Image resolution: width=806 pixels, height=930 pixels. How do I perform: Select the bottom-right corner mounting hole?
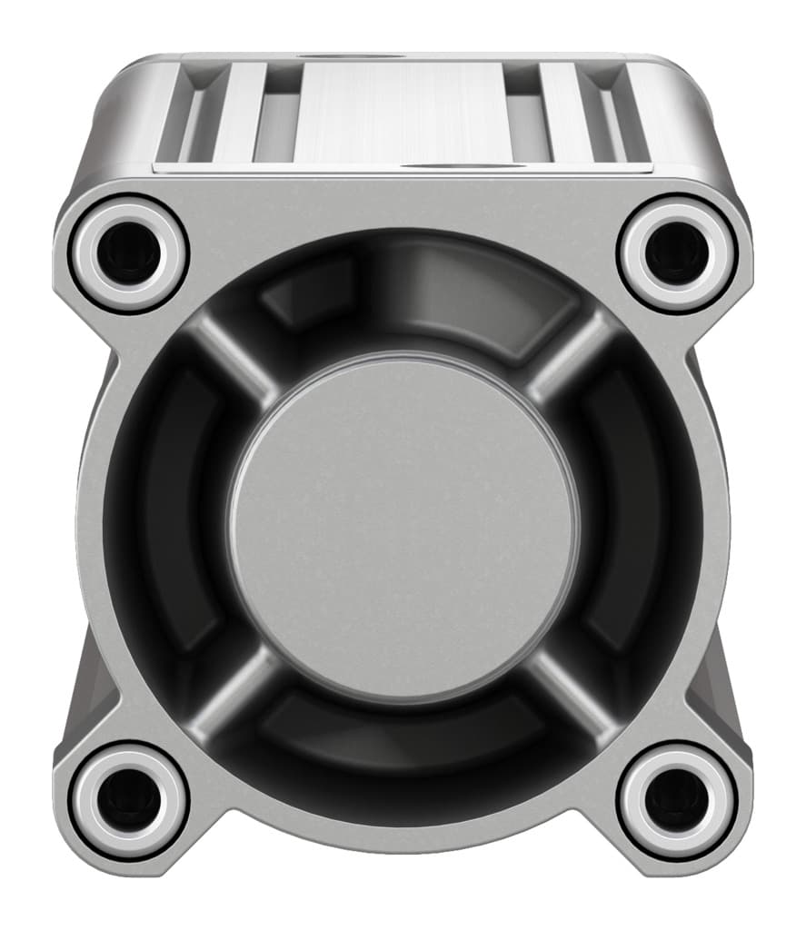[x=676, y=798]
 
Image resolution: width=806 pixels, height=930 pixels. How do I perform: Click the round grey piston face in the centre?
[x=403, y=529]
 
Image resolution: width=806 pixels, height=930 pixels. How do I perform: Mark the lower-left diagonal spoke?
[x=232, y=699]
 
